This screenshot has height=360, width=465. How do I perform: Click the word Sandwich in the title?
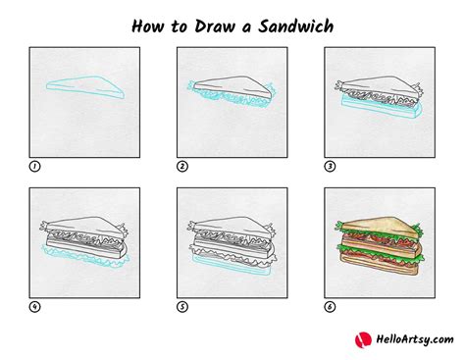point(295,26)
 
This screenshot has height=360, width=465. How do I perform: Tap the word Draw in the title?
point(215,26)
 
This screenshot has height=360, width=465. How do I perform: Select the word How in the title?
point(147,26)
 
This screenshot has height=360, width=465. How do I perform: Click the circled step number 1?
point(34,167)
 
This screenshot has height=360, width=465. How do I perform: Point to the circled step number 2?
point(182,167)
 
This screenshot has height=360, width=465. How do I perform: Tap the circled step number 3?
point(330,167)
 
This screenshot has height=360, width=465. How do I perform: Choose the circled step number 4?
point(34,307)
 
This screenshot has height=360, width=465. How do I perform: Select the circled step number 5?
point(182,307)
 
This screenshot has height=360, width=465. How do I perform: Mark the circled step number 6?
point(330,307)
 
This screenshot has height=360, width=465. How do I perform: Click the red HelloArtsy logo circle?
point(363,340)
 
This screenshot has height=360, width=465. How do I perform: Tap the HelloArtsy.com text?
point(415,339)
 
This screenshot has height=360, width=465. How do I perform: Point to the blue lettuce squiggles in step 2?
point(229,96)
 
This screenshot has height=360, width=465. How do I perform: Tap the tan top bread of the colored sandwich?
point(380,227)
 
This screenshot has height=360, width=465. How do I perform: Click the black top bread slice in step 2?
point(232,85)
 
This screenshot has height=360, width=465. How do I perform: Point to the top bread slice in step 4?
point(85,227)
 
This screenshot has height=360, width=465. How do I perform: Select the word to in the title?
point(179,26)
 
